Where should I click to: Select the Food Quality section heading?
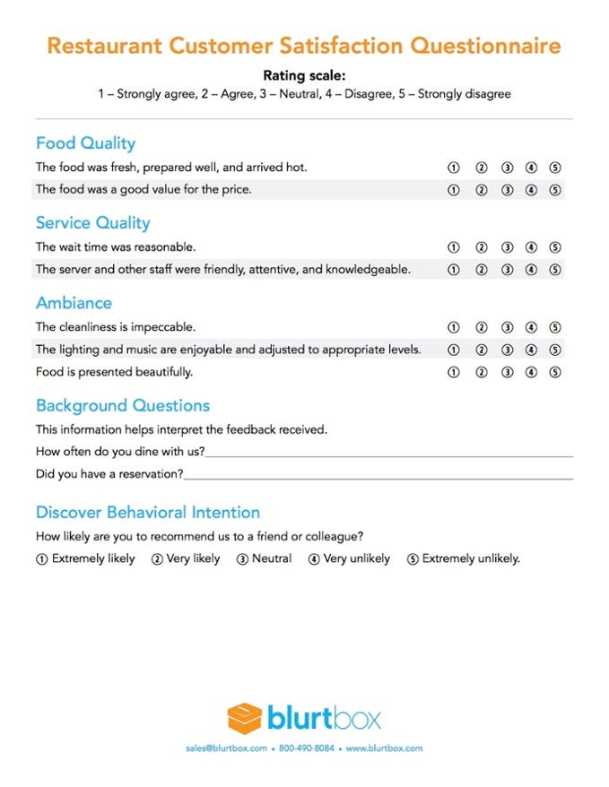coord(85,143)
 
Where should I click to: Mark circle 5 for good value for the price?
coord(555,190)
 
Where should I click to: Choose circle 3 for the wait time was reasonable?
coord(507,247)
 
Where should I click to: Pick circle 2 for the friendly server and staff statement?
coord(481,270)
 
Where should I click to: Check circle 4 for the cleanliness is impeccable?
coord(531,328)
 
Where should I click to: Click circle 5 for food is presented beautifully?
coord(555,372)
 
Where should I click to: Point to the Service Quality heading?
coord(92,223)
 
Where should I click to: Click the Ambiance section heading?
coord(74,303)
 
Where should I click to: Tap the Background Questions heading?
coord(122,406)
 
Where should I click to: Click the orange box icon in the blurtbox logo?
coord(244,718)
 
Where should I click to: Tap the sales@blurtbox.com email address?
coord(227,748)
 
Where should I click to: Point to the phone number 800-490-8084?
coord(306,748)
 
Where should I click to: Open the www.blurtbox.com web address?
coord(383,748)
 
